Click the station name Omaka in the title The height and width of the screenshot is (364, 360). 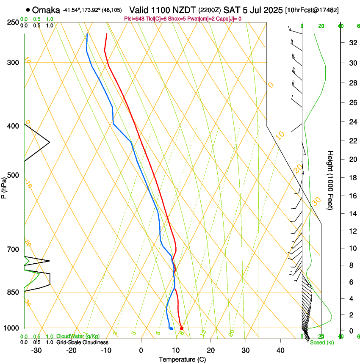click(46, 10)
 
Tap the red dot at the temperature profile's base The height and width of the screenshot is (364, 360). click(182, 328)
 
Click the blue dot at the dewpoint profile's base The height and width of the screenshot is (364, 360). click(171, 328)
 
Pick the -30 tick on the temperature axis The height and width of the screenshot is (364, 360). click(36, 350)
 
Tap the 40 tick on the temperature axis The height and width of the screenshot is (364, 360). click(280, 350)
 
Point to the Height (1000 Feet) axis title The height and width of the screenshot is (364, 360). click(331, 180)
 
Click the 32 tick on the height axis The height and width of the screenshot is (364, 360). click(352, 43)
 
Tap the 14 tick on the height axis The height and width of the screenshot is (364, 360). click(352, 214)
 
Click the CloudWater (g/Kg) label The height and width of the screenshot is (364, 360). click(78, 336)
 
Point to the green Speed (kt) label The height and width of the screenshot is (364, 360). click(321, 342)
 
